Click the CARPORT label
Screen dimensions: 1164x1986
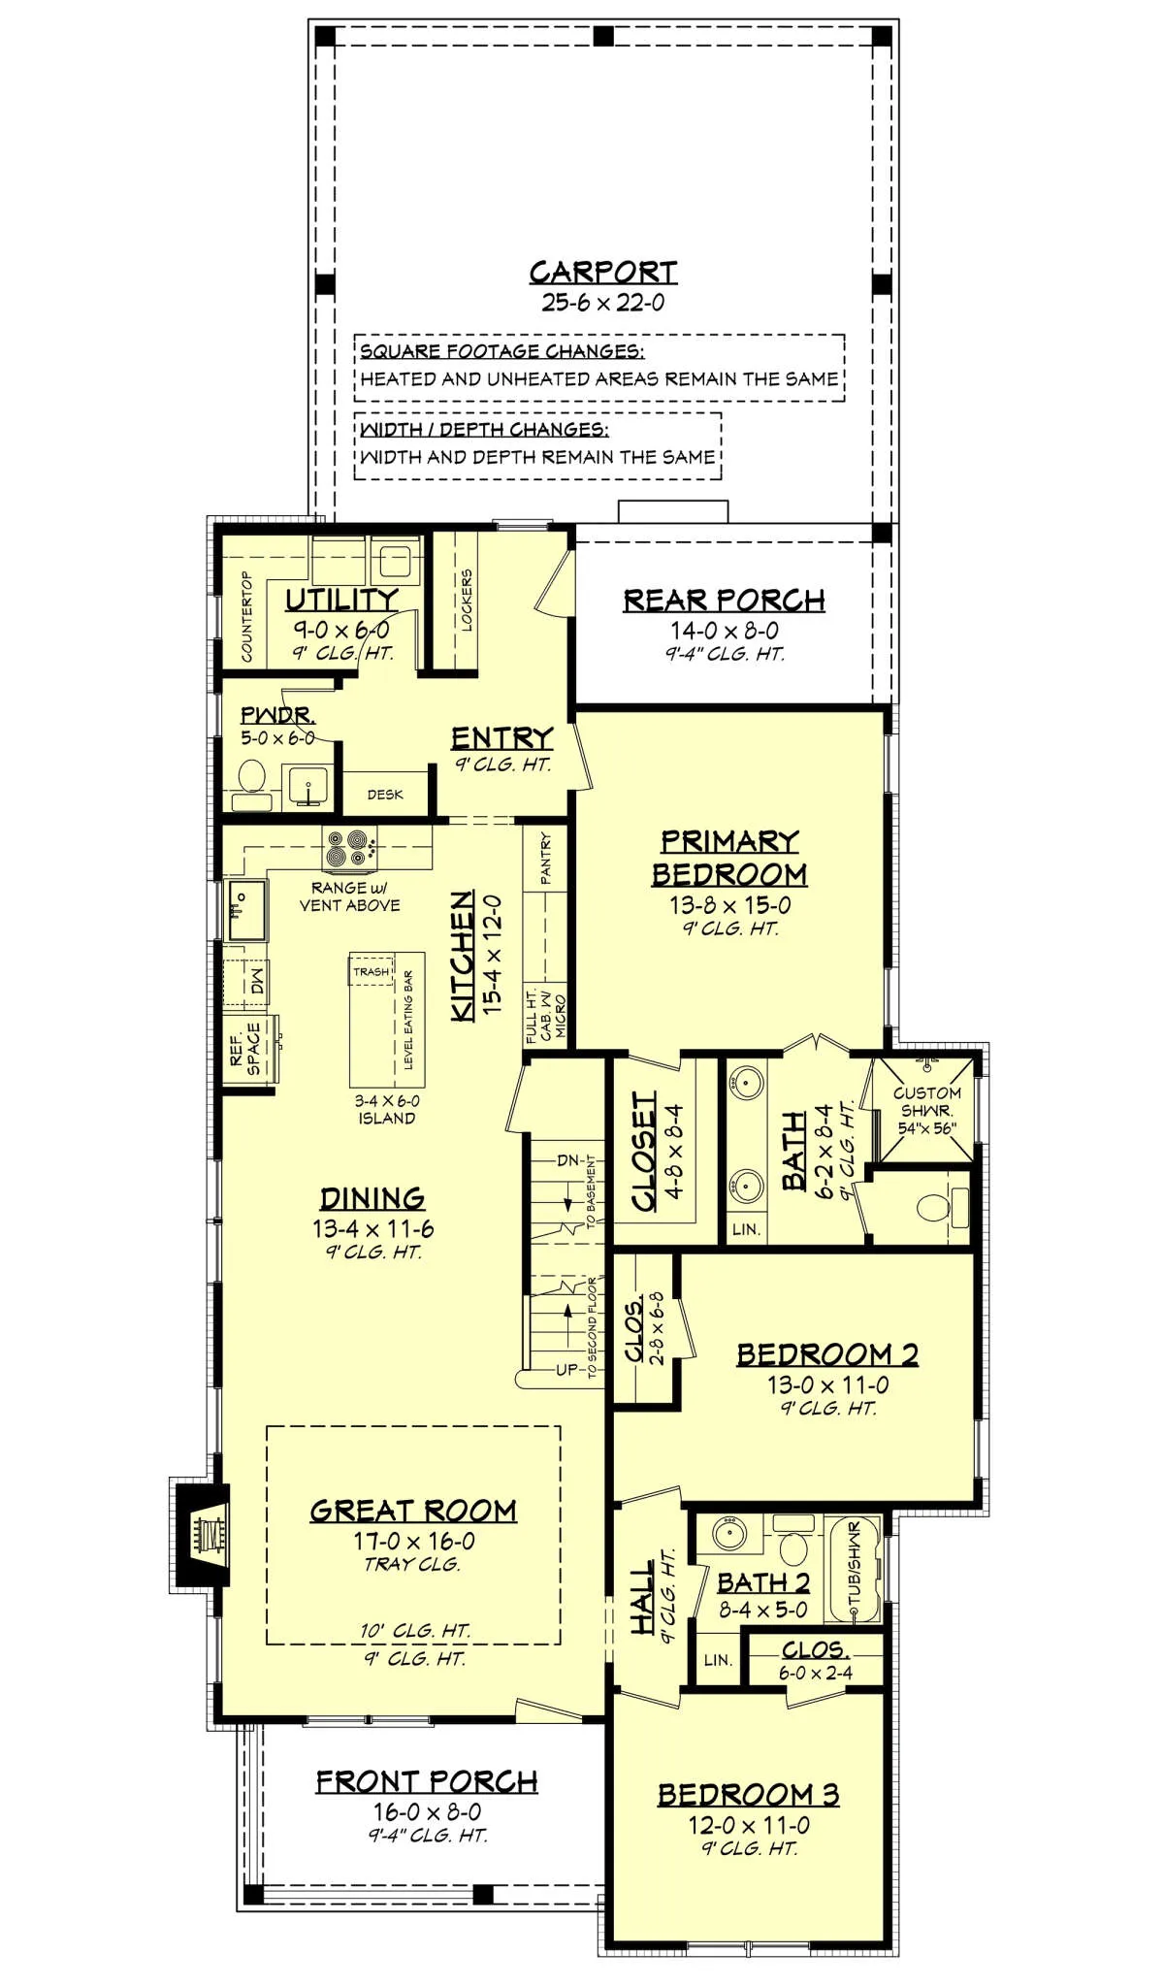pos(602,273)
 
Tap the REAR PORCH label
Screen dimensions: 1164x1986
pos(724,601)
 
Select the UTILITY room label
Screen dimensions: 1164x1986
pos(341,600)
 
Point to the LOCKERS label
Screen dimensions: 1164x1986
pos(467,601)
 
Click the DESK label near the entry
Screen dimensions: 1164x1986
pos(385,795)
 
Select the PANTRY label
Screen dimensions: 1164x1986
pos(546,858)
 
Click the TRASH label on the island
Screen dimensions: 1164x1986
pos(371,971)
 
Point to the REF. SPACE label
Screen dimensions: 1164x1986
pos(245,1049)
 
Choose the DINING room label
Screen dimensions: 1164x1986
pos(372,1198)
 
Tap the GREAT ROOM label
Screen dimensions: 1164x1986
pos(413,1511)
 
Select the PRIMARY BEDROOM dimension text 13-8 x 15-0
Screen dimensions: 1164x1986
pos(729,905)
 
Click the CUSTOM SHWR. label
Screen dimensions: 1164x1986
pos(927,1101)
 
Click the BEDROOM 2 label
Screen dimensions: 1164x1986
pos(827,1354)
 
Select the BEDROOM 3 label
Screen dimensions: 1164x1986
pos(748,1794)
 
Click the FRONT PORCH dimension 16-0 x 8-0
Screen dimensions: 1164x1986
pos(427,1811)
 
